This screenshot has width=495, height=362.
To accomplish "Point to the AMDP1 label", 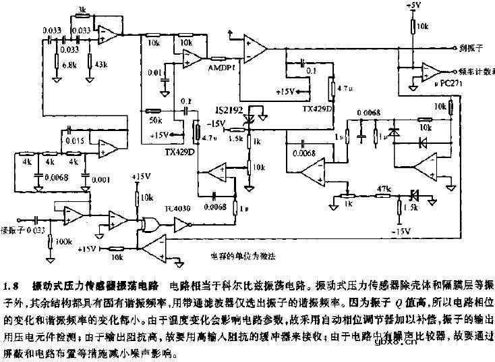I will tap(221, 68).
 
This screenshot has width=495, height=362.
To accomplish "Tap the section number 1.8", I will tap(14, 283).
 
